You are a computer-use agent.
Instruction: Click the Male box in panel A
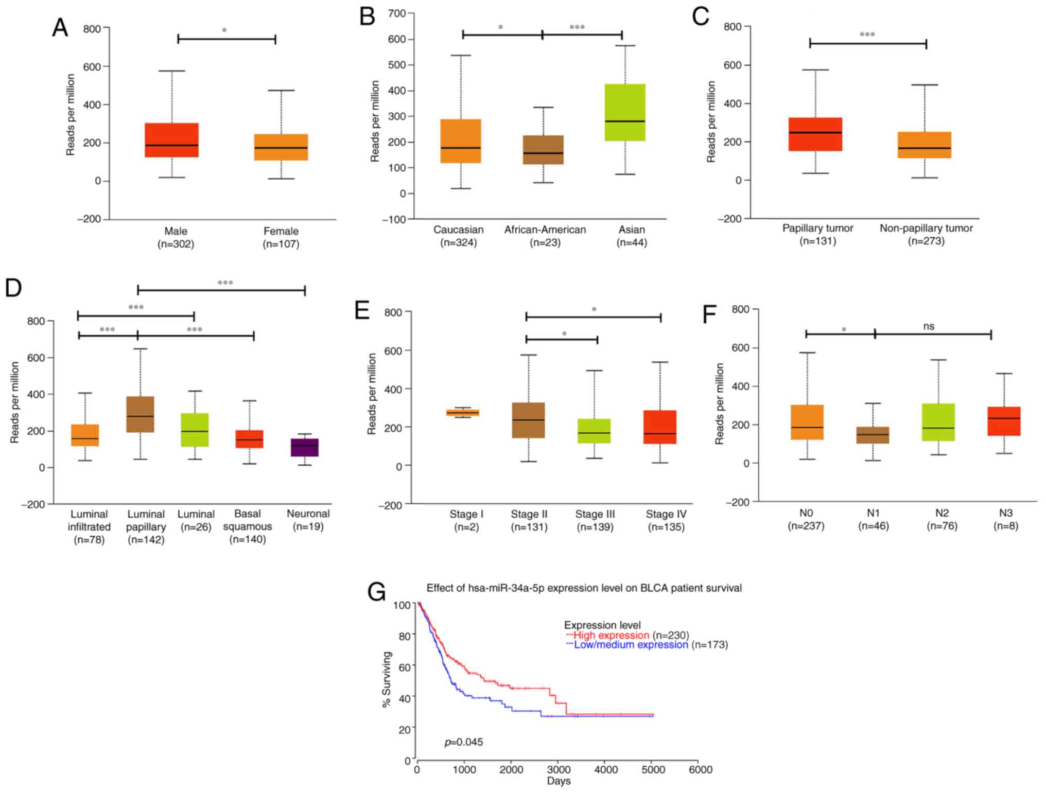(171, 140)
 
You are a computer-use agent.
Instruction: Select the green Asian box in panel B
(625, 112)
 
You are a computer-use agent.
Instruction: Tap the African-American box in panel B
(543, 150)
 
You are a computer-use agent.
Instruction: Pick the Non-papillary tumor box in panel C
(925, 145)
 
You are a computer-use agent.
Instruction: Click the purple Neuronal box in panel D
(305, 447)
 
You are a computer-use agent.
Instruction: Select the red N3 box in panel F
(1004, 421)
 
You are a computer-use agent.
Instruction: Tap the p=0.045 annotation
(463, 742)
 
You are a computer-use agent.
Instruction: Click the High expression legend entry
(611, 636)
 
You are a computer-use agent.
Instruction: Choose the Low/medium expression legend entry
(631, 645)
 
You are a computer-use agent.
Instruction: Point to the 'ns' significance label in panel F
(929, 326)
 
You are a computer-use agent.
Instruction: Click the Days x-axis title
(559, 781)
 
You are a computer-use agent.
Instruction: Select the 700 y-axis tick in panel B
(397, 13)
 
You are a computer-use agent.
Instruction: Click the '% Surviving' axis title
(387, 679)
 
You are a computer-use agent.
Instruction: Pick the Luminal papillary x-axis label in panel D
(146, 526)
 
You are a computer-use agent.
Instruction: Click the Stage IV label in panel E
(666, 514)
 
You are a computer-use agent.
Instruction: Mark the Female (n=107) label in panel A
(281, 237)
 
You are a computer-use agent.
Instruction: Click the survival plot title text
(584, 588)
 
